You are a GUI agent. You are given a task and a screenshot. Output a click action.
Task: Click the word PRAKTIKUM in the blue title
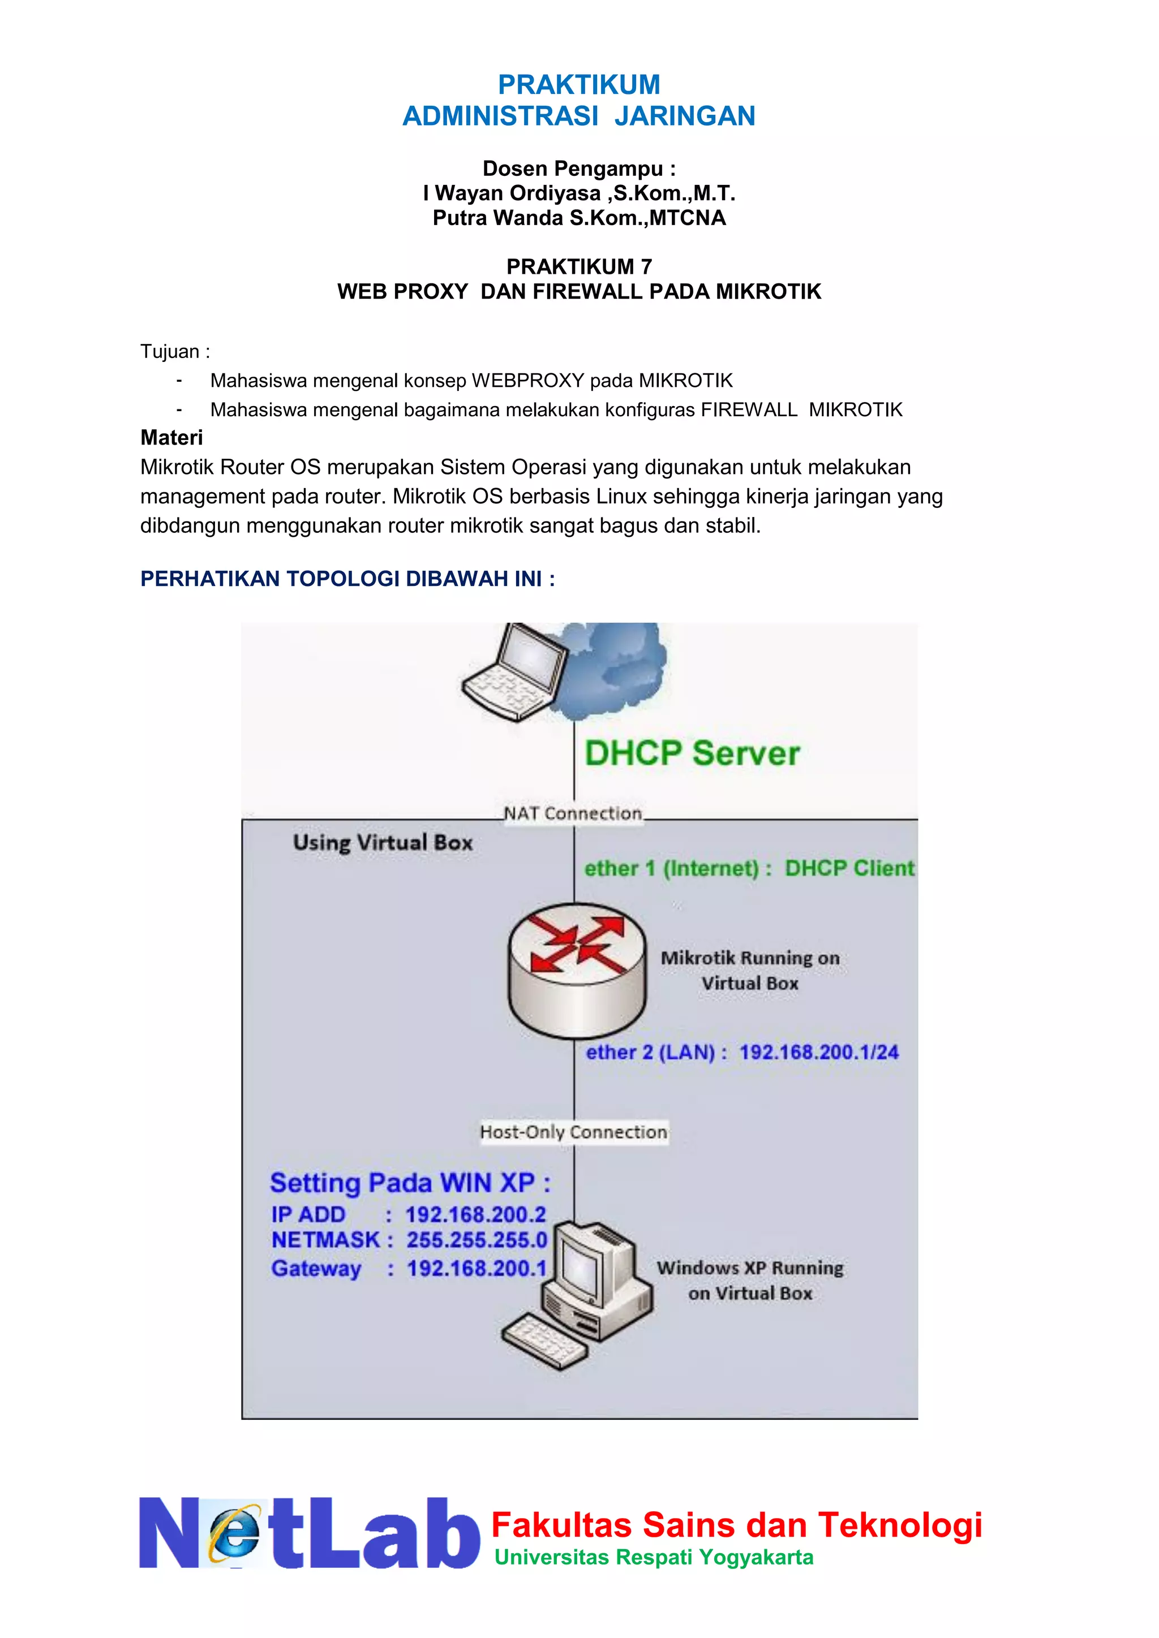[x=579, y=85]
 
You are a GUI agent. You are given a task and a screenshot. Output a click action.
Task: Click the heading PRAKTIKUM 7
[x=579, y=267]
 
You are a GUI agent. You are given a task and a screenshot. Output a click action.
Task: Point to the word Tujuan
[x=170, y=352]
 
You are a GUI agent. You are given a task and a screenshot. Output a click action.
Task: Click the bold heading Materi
[x=171, y=437]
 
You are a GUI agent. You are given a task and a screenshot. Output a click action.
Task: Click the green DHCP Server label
[x=692, y=754]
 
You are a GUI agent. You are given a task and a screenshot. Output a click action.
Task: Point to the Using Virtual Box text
[x=383, y=843]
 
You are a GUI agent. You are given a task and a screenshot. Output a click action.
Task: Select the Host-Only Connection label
[x=573, y=1132]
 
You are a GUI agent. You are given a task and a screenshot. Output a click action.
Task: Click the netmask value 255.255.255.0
[x=476, y=1240]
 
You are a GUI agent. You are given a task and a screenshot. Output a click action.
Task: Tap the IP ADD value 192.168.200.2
[x=475, y=1215]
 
